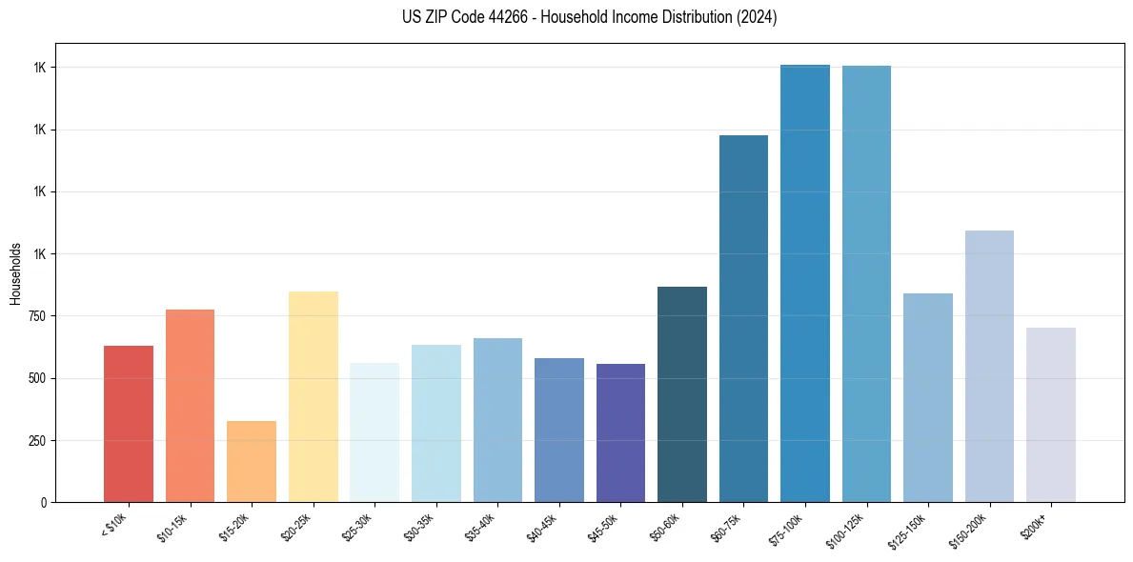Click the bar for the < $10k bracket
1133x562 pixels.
[129, 424]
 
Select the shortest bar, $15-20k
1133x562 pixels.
[252, 461]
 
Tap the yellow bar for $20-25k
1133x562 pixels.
[313, 396]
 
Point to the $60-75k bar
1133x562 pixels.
[743, 318]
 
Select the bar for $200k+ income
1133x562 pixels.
[1051, 414]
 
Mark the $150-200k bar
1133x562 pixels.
[989, 366]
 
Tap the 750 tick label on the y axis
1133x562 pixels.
[37, 316]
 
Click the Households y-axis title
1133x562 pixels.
[15, 273]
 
